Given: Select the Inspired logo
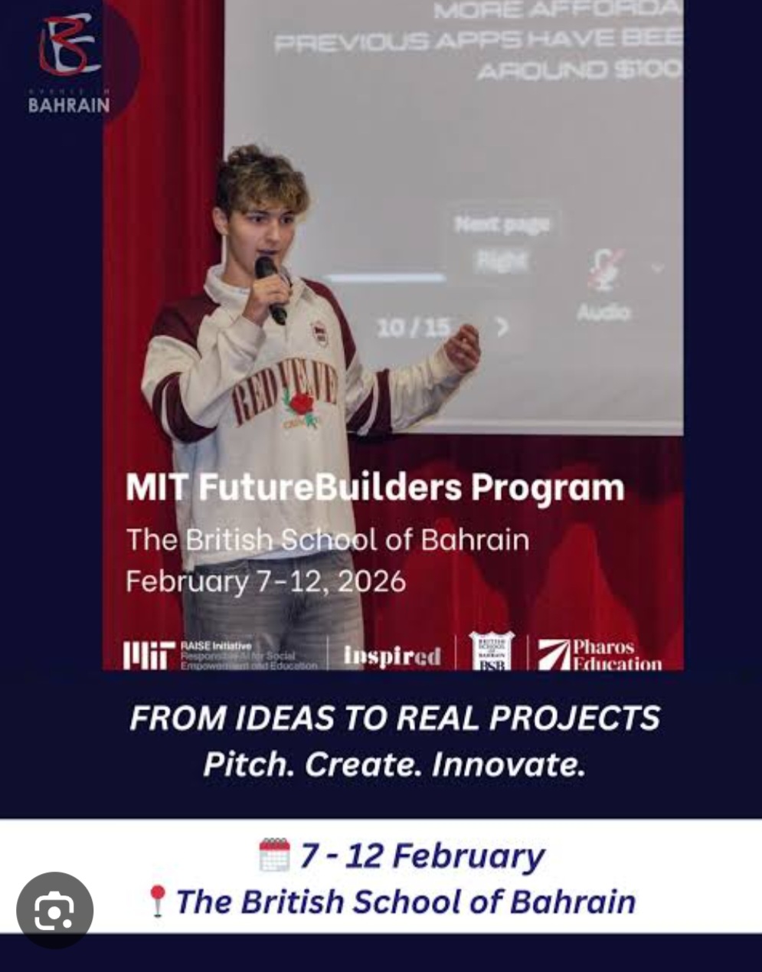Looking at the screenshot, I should click(x=392, y=656).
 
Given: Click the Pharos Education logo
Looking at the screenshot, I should click(x=599, y=655).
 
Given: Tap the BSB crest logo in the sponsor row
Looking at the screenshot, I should click(x=491, y=652).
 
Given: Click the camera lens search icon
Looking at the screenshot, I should click(x=54, y=910).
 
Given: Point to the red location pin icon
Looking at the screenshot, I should click(x=157, y=901).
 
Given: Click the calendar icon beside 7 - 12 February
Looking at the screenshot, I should click(x=274, y=855).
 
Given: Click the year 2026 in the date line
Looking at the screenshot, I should click(x=371, y=581).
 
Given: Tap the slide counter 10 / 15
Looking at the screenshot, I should click(x=413, y=328).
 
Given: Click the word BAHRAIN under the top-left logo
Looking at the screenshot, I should click(x=69, y=105).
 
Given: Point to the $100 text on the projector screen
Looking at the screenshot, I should click(x=647, y=70).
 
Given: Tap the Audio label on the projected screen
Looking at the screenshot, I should click(x=603, y=312).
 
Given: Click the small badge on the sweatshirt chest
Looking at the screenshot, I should click(x=319, y=334).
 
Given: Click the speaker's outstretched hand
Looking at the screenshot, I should click(x=462, y=349).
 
